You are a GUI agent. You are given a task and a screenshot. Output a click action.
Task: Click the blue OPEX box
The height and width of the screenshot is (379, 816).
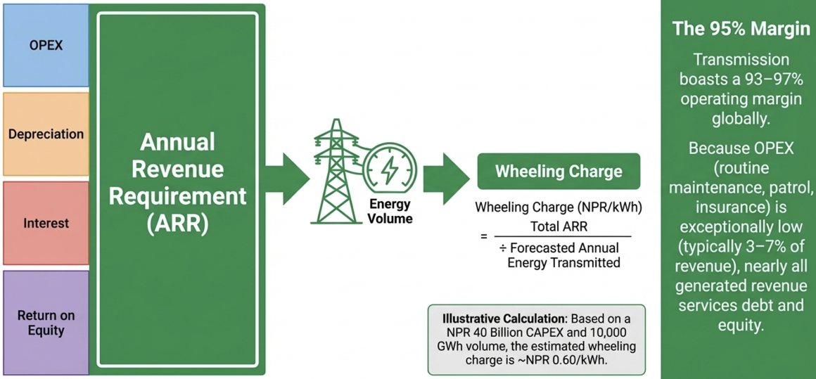(46, 46)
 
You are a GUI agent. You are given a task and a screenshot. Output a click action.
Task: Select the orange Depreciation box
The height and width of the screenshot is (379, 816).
(46, 134)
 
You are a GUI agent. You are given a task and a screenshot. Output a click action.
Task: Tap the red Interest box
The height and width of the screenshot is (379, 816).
(46, 224)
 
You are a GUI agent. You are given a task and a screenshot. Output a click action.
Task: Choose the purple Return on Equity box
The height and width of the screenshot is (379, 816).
(46, 323)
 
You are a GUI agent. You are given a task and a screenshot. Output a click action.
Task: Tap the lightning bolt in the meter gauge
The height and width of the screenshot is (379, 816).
(389, 169)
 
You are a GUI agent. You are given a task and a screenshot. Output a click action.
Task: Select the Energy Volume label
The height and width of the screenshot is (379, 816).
(390, 212)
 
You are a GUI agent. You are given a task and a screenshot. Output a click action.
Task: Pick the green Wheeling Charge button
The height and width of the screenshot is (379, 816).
(559, 172)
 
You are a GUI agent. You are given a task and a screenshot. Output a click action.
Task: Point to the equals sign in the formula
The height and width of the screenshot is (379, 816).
(483, 237)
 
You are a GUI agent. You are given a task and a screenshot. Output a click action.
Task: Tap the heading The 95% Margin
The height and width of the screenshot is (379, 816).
(741, 29)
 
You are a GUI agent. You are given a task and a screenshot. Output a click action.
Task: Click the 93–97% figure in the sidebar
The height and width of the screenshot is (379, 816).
(773, 79)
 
